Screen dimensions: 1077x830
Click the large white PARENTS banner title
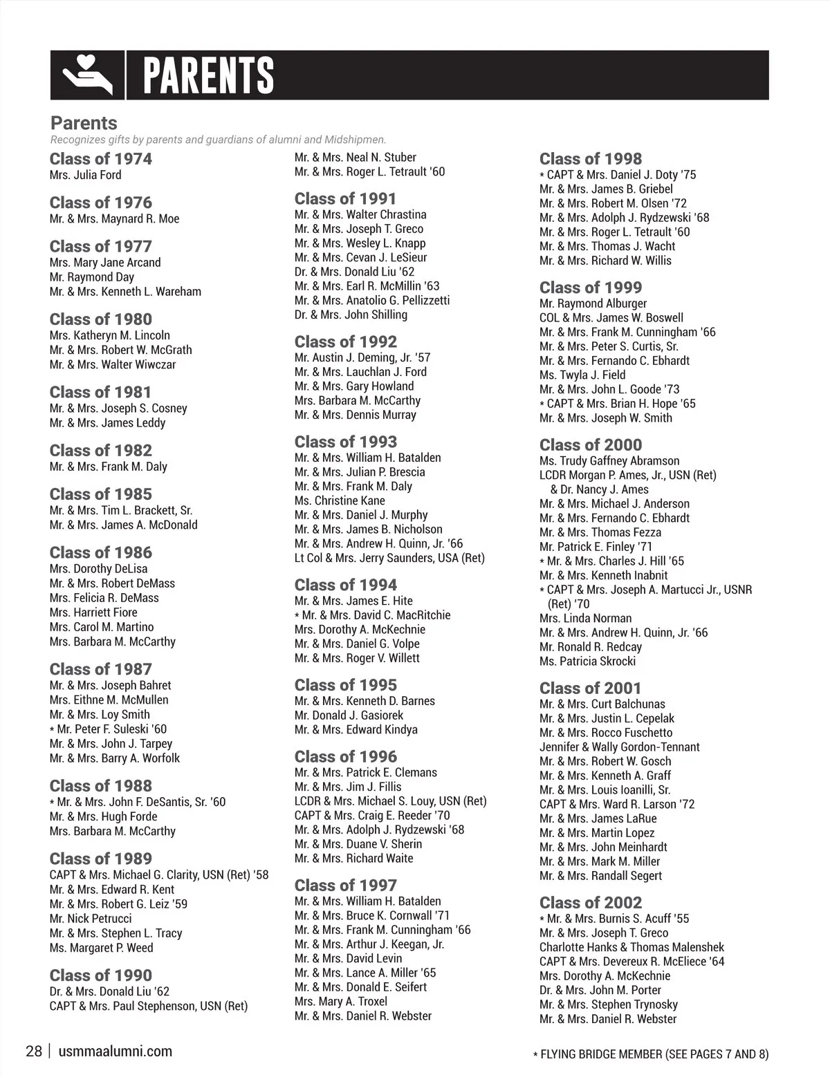pos(208,75)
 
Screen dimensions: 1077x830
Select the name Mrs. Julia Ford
pos(85,175)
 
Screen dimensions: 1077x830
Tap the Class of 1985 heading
pos(100,494)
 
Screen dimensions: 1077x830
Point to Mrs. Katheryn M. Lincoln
pos(109,335)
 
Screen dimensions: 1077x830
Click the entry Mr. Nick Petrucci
pos(90,918)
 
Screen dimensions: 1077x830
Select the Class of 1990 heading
pos(100,975)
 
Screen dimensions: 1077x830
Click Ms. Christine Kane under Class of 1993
pos(340,500)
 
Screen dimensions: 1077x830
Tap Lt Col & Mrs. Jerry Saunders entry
pos(389,558)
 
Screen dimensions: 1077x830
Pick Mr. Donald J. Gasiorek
pos(349,715)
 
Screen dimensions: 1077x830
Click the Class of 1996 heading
pos(345,756)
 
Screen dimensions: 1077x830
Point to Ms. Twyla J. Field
pos(582,375)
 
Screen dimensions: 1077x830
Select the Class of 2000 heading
pos(590,444)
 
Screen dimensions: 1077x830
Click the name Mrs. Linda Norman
pos(585,618)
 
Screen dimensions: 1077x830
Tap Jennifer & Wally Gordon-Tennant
pos(619,747)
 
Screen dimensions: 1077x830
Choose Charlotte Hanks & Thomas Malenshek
pos(631,947)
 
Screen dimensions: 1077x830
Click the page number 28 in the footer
pos(34,1051)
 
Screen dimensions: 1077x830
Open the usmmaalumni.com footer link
pos(116,1051)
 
